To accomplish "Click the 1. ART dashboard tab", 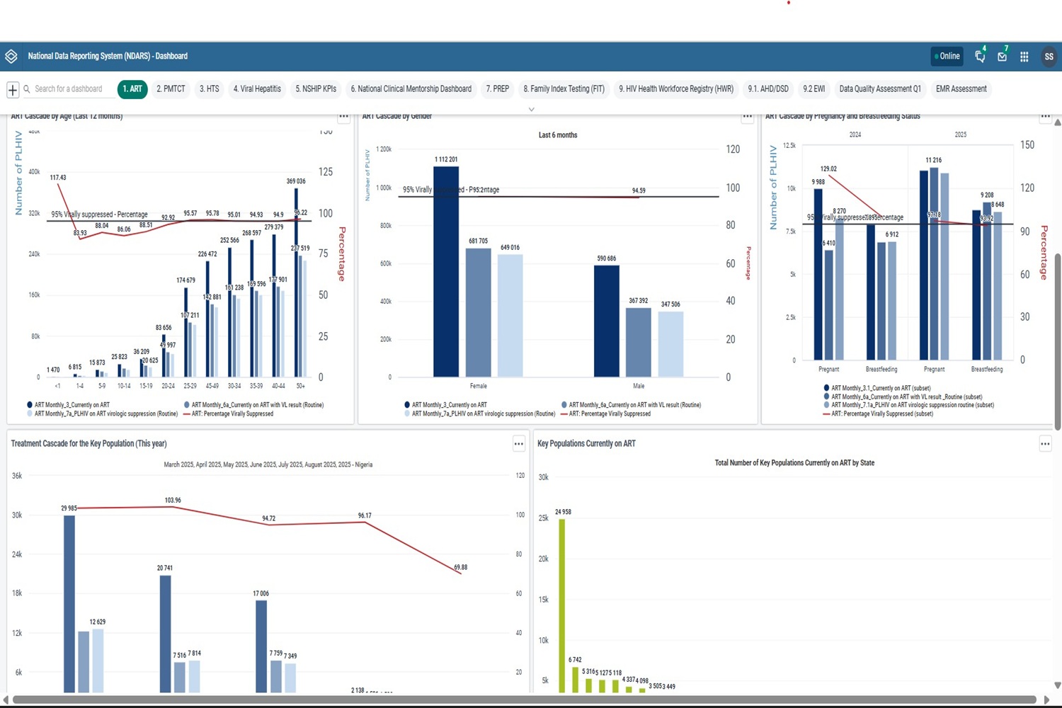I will click(132, 89).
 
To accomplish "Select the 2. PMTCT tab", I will click(171, 89).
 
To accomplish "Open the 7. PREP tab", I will click(497, 89).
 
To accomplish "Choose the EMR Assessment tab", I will click(961, 89).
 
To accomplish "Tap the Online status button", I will click(947, 57).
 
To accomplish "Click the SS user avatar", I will click(1049, 57).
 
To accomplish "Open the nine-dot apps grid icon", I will click(1024, 57).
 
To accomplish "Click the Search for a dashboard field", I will click(69, 89).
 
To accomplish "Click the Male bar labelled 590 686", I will click(607, 321).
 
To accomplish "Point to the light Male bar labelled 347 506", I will click(670, 344).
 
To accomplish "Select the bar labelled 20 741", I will click(165, 634).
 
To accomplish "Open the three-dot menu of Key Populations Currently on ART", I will click(1045, 444).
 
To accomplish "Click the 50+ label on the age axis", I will click(301, 386).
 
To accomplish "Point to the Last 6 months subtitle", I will click(558, 135).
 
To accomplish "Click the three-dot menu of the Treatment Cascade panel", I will click(519, 444).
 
